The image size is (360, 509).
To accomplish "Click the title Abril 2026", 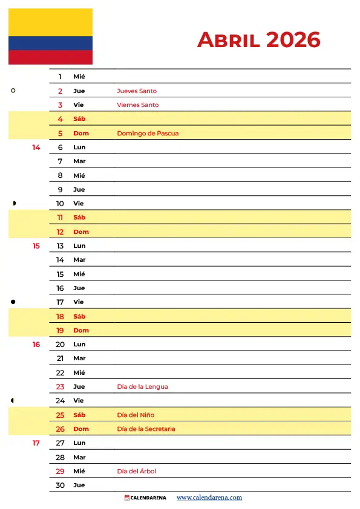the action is [x=258, y=40].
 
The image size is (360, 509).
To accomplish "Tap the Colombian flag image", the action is [x=50, y=36].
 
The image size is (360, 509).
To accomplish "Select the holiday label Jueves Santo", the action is [x=137, y=91].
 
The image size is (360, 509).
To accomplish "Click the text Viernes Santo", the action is [x=138, y=105].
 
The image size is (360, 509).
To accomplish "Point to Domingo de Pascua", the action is [x=148, y=133].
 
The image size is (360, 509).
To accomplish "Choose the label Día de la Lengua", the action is [x=142, y=387].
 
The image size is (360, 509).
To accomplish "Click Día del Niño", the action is [x=136, y=415].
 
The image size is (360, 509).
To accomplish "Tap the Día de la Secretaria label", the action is [x=146, y=429].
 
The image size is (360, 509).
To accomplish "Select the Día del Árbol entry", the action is [x=137, y=472].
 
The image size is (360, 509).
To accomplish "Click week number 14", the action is [x=36, y=148].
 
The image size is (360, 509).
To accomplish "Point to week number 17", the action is [x=36, y=443].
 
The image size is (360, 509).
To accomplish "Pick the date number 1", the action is [x=60, y=77].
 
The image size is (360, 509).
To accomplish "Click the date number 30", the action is [x=60, y=485].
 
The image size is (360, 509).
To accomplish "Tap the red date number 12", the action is [x=60, y=232].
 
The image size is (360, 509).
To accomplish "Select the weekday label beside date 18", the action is [x=80, y=317].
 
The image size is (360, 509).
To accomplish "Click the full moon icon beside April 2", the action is [x=13, y=91].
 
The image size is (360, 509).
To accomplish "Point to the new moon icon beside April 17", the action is [x=13, y=302].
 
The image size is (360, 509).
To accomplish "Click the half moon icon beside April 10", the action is [x=14, y=203].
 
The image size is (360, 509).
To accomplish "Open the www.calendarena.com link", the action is [x=209, y=498].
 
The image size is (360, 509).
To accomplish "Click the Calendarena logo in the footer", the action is [x=146, y=498].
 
